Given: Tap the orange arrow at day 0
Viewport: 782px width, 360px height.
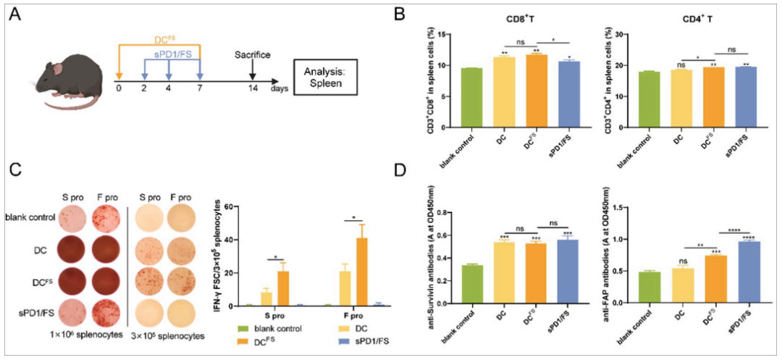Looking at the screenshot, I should (119, 74).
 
